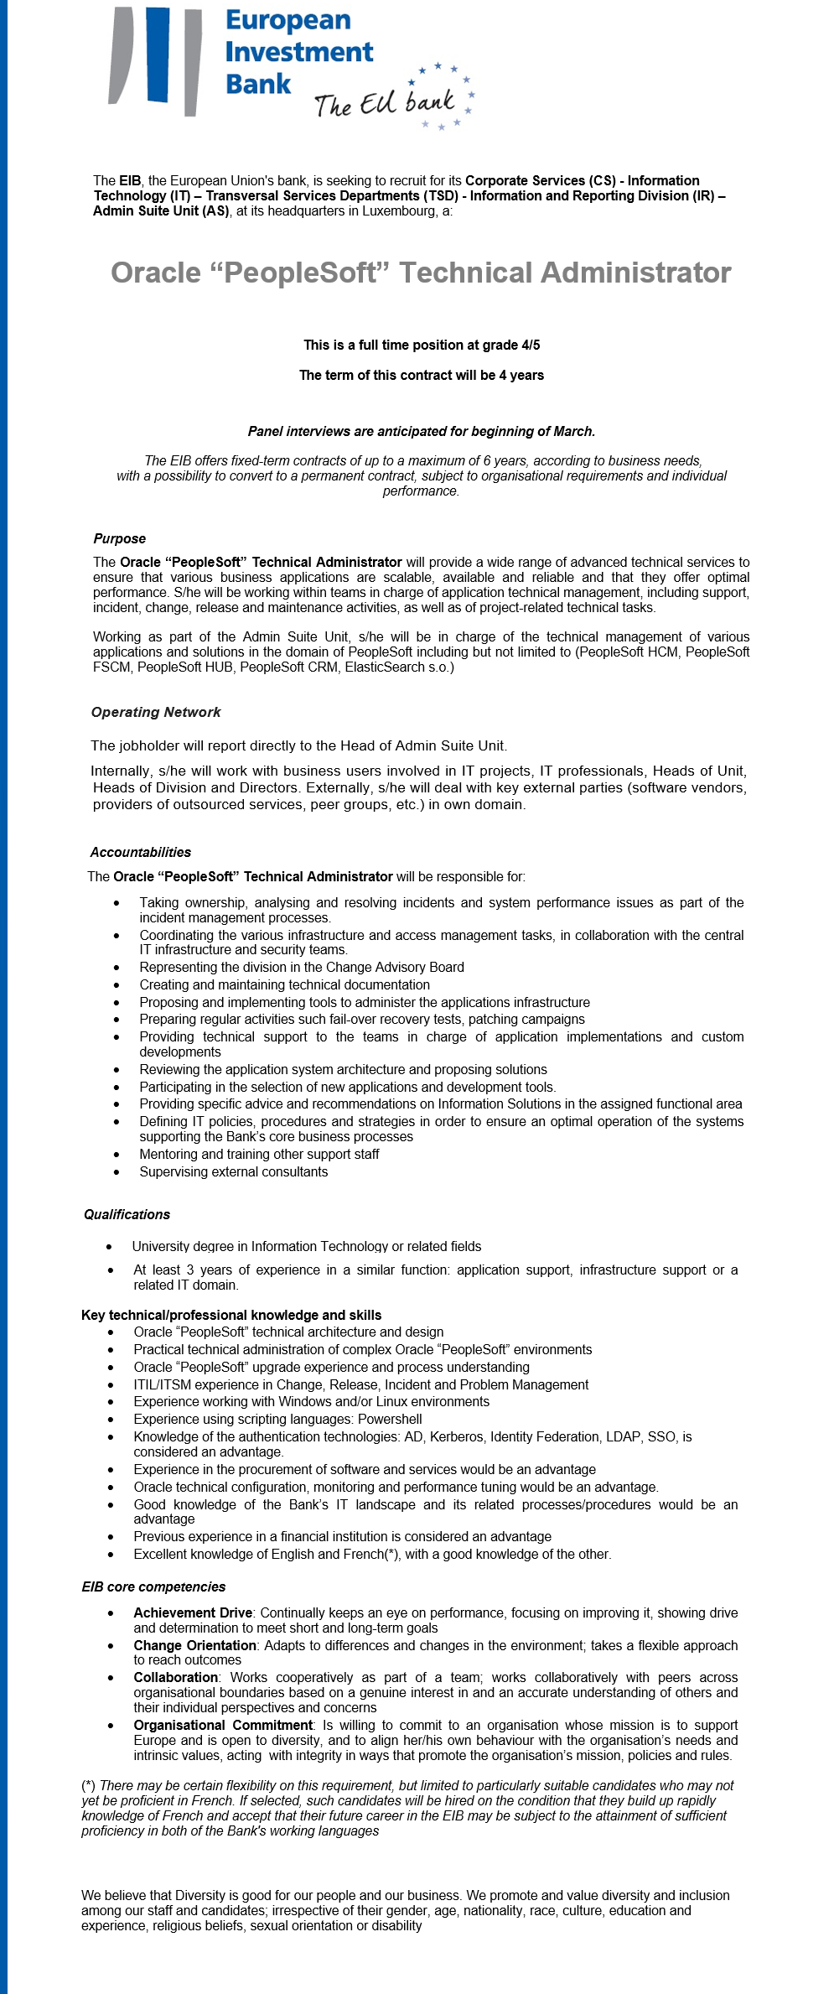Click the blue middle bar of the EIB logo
(158, 55)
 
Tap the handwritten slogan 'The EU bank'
(385, 103)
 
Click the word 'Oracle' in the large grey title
(156, 273)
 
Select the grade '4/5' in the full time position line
(531, 345)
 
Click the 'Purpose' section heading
(120, 538)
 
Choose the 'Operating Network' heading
(156, 712)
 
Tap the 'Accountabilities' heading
(141, 852)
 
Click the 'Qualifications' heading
(127, 1214)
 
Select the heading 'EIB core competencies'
(153, 1586)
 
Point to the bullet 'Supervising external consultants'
(234, 1171)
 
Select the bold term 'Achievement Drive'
(193, 1612)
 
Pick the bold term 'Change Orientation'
(194, 1645)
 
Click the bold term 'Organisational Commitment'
(223, 1725)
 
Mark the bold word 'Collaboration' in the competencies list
(176, 1677)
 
